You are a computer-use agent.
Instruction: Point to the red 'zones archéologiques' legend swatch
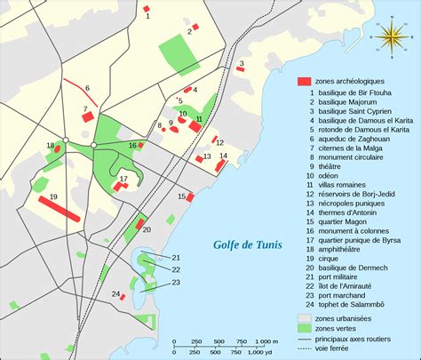[x=304, y=81]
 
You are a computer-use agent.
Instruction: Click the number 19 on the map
[x=54, y=196]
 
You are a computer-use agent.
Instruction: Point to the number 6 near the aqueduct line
[x=88, y=88]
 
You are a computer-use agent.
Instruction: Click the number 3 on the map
[x=241, y=62]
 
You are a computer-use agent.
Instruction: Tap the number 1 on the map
[x=147, y=17]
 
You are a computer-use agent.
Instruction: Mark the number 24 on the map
[x=115, y=294]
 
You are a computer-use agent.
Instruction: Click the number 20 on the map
[x=147, y=229]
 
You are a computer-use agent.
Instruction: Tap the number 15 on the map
[x=181, y=196]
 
